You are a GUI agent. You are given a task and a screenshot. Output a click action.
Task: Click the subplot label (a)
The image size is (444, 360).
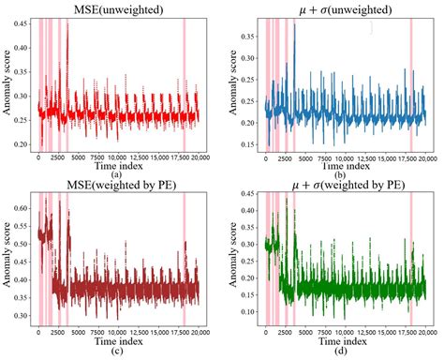pos(113,174)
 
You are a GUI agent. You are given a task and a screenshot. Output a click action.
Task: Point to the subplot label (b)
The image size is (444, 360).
pos(339,174)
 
